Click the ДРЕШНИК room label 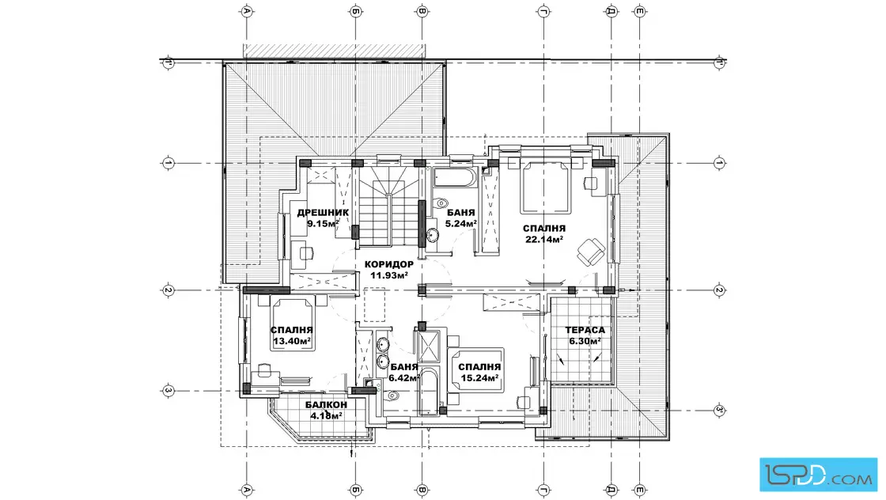(323, 213)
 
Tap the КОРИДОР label (388, 264)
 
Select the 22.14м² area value (543, 240)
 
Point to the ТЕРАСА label (585, 330)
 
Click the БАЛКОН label (326, 405)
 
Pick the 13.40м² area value (292, 341)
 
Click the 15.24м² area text (479, 378)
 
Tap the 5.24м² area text (460, 224)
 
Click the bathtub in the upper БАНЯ (455, 179)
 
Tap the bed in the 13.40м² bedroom (292, 325)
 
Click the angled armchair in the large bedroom (591, 251)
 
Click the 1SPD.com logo (818, 474)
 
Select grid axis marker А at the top (246, 11)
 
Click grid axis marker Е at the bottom (640, 490)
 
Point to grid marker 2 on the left (168, 290)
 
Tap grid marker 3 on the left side (168, 390)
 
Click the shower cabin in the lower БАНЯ (428, 346)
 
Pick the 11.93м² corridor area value (388, 275)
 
